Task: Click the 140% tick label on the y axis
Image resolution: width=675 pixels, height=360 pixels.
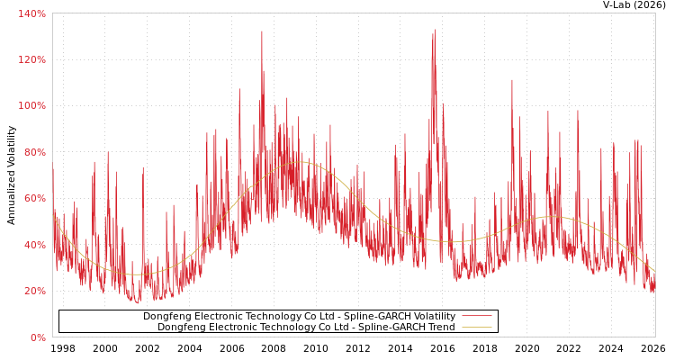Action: [x=31, y=13]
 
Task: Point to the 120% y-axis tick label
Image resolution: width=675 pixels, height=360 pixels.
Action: [x=31, y=59]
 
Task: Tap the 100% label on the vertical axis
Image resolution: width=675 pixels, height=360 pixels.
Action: [x=31, y=106]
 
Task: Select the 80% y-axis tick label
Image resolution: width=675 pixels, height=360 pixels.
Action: [x=33, y=152]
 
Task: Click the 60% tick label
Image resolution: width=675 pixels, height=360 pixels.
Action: [x=33, y=199]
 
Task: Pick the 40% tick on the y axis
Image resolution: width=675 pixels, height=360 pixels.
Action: [x=33, y=245]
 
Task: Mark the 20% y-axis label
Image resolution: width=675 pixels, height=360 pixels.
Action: [x=33, y=292]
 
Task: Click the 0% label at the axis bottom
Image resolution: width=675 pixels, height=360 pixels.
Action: [x=37, y=337]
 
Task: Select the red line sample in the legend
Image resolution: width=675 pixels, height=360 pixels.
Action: [x=476, y=316]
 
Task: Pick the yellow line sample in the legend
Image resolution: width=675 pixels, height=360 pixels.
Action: [x=476, y=327]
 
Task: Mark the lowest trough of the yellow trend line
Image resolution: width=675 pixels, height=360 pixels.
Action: [x=135, y=274]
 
